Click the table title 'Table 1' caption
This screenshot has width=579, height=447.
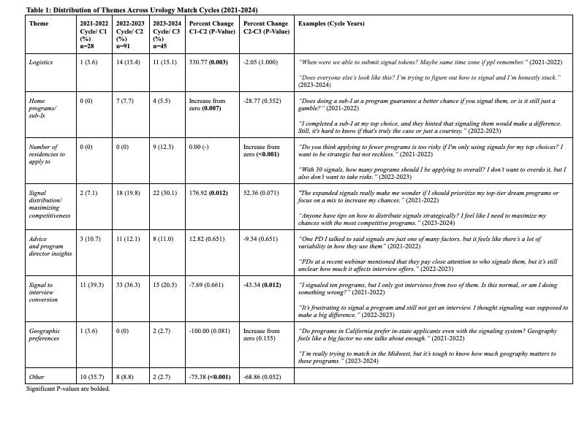click(x=142, y=10)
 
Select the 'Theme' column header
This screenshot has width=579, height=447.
click(x=38, y=23)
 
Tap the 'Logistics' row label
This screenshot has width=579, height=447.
click(x=41, y=62)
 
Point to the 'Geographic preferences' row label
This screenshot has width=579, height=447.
click(x=45, y=335)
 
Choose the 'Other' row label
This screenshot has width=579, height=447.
click(x=37, y=377)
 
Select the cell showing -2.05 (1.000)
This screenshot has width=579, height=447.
click(x=261, y=62)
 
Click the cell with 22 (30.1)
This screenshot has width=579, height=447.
click(x=165, y=193)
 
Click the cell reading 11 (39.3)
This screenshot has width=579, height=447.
click(x=93, y=285)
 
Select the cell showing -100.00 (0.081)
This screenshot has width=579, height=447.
click(x=211, y=331)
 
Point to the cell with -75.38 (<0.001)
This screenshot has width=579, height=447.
click(x=211, y=377)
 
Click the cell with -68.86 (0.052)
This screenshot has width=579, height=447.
click(x=262, y=377)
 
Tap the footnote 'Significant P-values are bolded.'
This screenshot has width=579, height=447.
click(x=68, y=389)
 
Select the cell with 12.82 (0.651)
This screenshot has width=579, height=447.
click(x=207, y=239)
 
